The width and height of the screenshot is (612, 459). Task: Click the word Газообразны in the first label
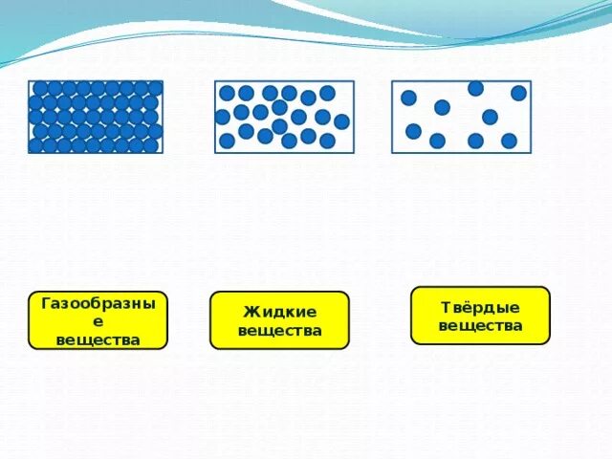[x=98, y=305]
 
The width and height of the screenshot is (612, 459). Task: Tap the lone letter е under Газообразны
[x=98, y=322]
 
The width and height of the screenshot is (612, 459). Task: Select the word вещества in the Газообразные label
[x=98, y=339]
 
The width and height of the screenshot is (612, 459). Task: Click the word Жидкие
[x=279, y=312]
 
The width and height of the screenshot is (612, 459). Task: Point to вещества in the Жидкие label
[x=279, y=331]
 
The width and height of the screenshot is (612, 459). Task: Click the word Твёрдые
[x=480, y=307]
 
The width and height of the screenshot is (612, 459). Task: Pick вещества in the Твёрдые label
[x=480, y=325]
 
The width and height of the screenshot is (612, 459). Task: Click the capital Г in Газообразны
[x=46, y=305]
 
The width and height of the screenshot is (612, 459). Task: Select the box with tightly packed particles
[x=96, y=117]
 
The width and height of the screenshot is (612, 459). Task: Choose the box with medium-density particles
[x=284, y=117]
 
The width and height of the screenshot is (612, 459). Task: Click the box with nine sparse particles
[x=461, y=117]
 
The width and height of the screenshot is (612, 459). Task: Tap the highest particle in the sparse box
[x=475, y=89]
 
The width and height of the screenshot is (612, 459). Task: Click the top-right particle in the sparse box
[x=518, y=93]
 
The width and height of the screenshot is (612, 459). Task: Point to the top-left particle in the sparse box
[x=408, y=98]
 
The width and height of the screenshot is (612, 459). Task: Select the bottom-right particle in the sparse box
[x=509, y=141]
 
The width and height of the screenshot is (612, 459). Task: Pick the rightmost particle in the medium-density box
[x=341, y=121]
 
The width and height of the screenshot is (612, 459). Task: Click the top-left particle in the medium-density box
[x=228, y=93]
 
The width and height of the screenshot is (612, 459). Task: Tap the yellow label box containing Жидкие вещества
[x=279, y=320]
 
